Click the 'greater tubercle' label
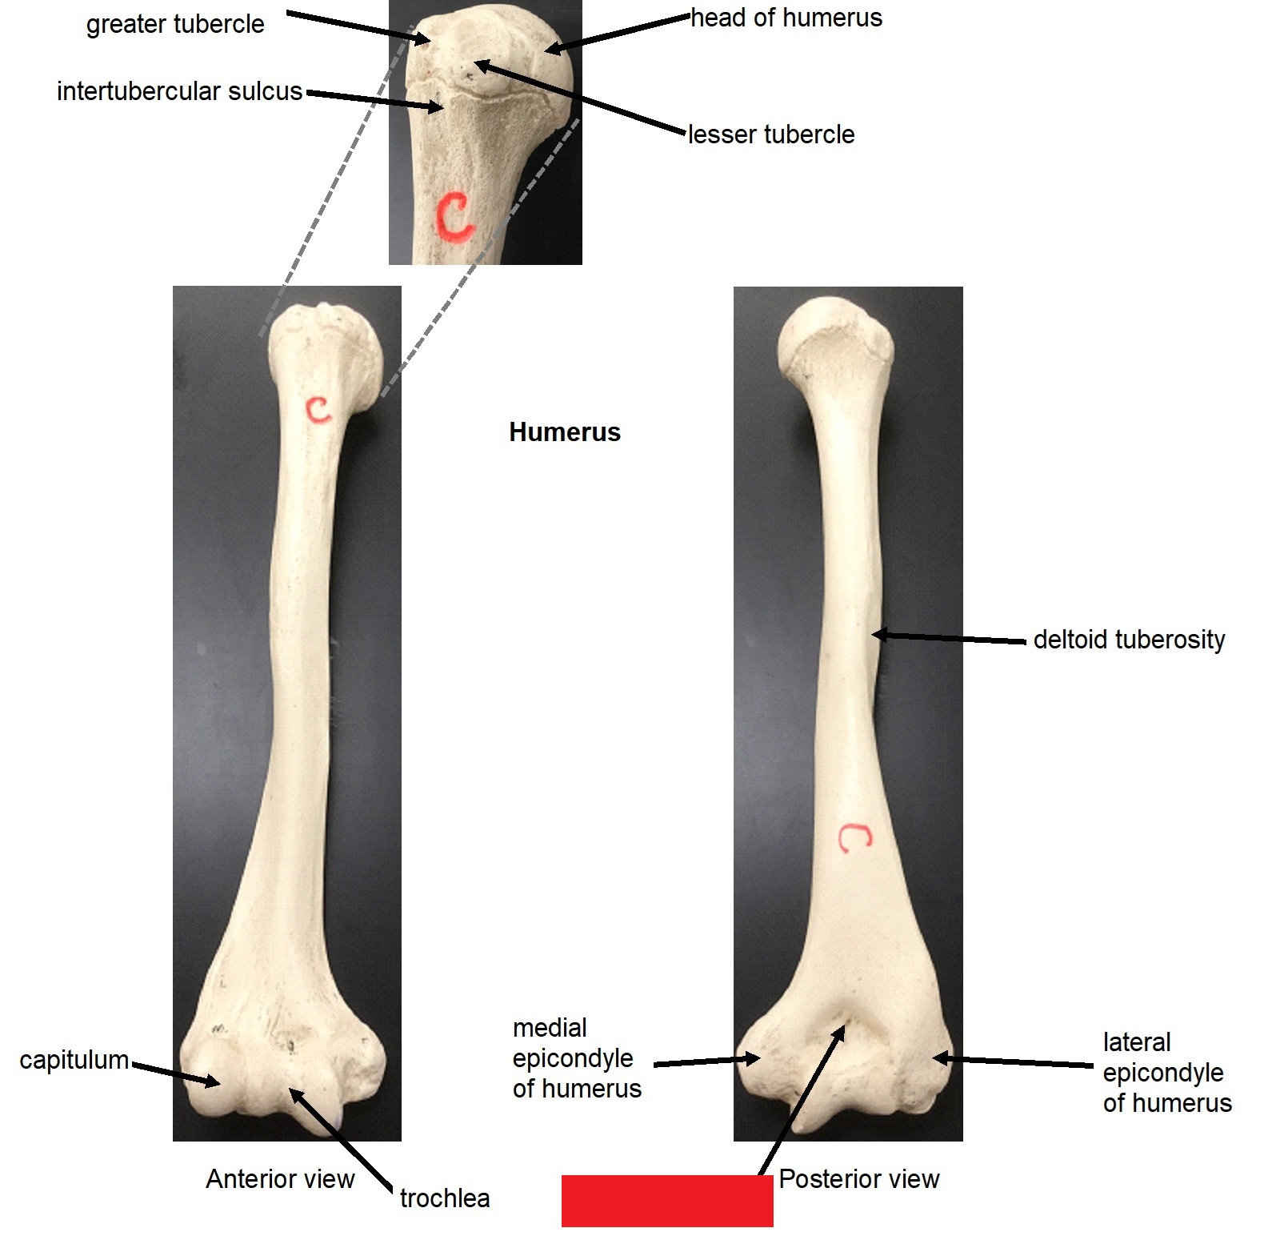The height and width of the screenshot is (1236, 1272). (175, 25)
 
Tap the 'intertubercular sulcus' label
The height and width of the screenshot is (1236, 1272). (179, 91)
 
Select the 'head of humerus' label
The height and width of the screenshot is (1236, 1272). (786, 18)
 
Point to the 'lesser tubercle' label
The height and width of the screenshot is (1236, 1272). (771, 134)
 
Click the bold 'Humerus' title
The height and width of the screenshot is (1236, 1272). (565, 432)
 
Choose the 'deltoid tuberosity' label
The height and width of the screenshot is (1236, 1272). (1129, 640)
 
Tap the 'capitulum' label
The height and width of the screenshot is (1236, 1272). (74, 1060)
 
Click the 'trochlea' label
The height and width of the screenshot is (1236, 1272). (445, 1198)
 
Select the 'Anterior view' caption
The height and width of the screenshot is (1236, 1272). (280, 1178)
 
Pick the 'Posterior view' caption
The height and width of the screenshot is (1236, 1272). (859, 1178)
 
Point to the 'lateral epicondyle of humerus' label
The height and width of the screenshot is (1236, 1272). (1167, 1073)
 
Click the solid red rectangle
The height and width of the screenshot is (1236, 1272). (667, 1201)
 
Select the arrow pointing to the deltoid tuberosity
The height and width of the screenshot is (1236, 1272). (949, 638)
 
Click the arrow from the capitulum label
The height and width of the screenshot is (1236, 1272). (176, 1074)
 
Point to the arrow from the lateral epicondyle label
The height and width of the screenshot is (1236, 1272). (1013, 1061)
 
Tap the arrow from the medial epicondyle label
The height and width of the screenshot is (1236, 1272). (707, 1061)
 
